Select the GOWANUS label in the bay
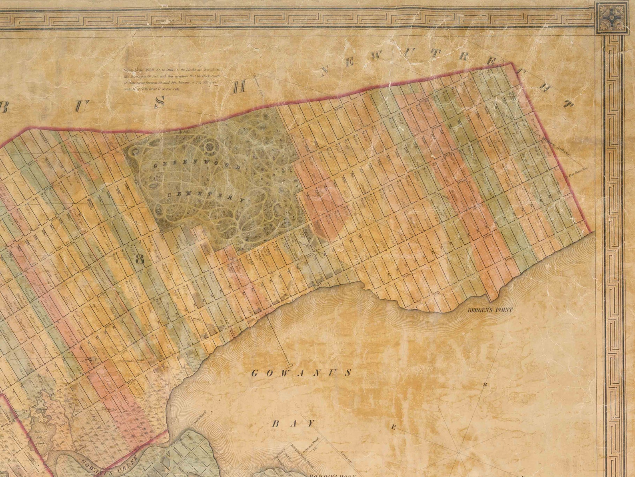click(x=301, y=373)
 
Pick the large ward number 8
click(x=140, y=259)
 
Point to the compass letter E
click(x=393, y=428)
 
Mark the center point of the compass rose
click(x=459, y=453)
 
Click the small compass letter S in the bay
click(x=485, y=385)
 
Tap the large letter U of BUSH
click(x=81, y=106)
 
